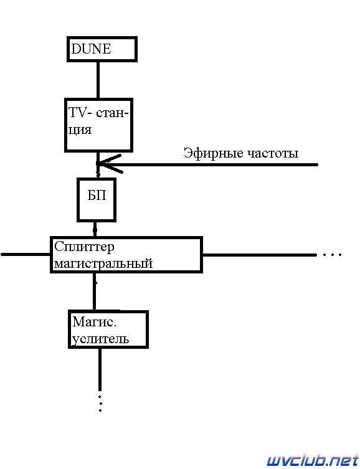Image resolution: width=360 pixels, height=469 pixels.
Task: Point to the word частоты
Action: pyautogui.click(x=273, y=154)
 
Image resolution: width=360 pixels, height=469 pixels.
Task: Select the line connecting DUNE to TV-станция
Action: pyautogui.click(x=98, y=80)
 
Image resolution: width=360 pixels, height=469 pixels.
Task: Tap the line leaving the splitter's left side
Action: pyautogui.click(x=26, y=255)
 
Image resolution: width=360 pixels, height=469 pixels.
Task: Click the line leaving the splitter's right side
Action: pyautogui.click(x=260, y=255)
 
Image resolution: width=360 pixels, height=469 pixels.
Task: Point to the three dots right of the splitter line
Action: pyautogui.click(x=332, y=255)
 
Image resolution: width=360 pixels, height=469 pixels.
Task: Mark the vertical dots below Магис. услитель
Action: pyautogui.click(x=100, y=403)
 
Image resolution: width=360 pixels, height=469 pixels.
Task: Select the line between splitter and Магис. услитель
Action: pyautogui.click(x=95, y=292)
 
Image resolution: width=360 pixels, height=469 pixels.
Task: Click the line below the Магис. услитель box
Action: pyautogui.click(x=100, y=370)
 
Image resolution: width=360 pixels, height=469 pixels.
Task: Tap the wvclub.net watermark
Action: pyautogui.click(x=313, y=460)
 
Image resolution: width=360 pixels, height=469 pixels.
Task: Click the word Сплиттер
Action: pyautogui.click(x=84, y=248)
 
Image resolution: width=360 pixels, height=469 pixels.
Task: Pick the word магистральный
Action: pyautogui.click(x=103, y=264)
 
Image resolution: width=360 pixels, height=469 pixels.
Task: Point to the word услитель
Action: pyautogui.click(x=101, y=339)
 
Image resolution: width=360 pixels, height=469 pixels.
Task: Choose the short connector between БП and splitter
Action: pyautogui.click(x=95, y=229)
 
